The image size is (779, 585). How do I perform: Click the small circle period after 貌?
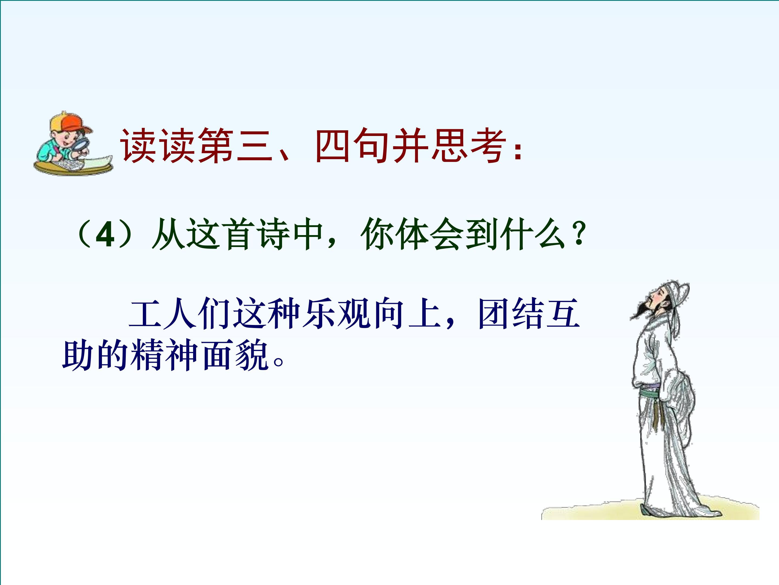[x=279, y=362]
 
